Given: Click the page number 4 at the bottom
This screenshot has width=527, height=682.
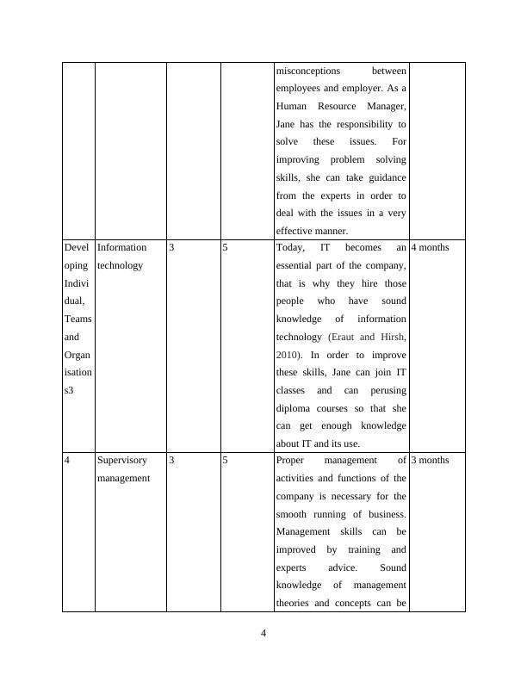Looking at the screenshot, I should (x=263, y=635).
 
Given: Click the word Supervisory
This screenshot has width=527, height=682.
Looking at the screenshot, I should (x=122, y=461).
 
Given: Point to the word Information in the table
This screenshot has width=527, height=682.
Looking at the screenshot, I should (x=122, y=248).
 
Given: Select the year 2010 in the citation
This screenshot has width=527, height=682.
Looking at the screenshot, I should (x=288, y=355).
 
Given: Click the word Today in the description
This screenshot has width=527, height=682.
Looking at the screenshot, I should (x=290, y=248).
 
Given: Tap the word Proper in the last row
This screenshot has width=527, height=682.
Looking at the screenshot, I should (x=292, y=461).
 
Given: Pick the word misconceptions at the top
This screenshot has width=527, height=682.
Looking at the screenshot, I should (x=308, y=71).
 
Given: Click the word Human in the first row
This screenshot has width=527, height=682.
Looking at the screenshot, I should (x=291, y=106).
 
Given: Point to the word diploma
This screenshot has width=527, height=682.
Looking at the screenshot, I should (x=294, y=408).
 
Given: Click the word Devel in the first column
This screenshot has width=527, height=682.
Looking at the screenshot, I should (x=77, y=248).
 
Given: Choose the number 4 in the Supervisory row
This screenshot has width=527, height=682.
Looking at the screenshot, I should (x=67, y=461).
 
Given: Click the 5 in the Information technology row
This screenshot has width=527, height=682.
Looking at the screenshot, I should (x=226, y=248).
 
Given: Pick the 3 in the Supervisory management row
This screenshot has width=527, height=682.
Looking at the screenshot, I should (x=171, y=461).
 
